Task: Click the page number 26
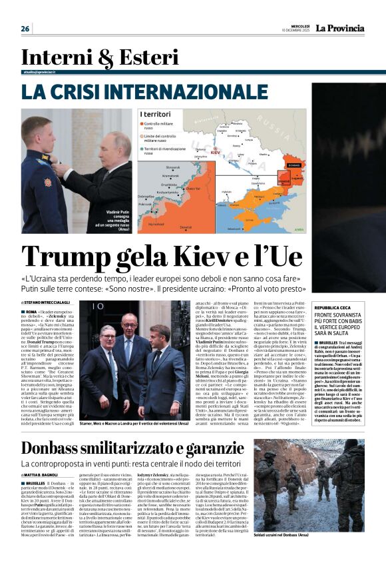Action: tap(25, 29)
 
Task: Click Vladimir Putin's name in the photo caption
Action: tap(120, 213)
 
